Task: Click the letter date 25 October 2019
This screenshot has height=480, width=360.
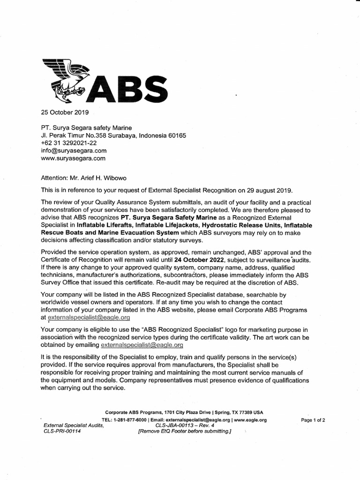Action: coord(64,112)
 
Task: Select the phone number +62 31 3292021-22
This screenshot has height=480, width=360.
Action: coord(69,143)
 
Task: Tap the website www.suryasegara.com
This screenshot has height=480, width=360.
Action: coord(74,158)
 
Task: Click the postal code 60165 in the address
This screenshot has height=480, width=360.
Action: coord(177,135)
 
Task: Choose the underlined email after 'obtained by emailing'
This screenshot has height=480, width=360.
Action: coord(142,345)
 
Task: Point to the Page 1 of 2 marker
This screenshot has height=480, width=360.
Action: coord(313,420)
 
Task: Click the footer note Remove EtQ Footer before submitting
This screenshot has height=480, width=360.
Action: coord(185,431)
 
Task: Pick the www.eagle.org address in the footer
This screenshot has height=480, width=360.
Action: coord(250,420)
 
